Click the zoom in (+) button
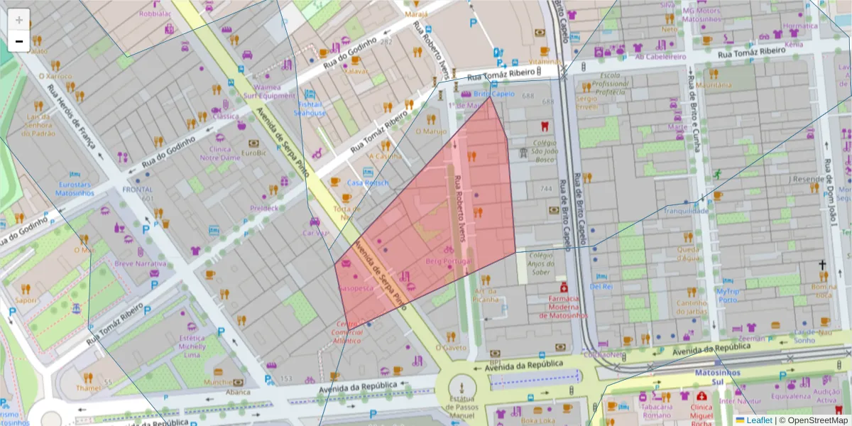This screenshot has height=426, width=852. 19,20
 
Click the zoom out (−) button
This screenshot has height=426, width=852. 19,41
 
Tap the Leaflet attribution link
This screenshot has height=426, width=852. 758,420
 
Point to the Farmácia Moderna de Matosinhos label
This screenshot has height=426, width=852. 564,307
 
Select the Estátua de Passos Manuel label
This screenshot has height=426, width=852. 463,409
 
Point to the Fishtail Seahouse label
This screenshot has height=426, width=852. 310,108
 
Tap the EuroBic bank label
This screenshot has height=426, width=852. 253,152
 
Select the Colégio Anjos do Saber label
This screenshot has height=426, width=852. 540,264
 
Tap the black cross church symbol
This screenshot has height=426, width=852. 822,266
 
